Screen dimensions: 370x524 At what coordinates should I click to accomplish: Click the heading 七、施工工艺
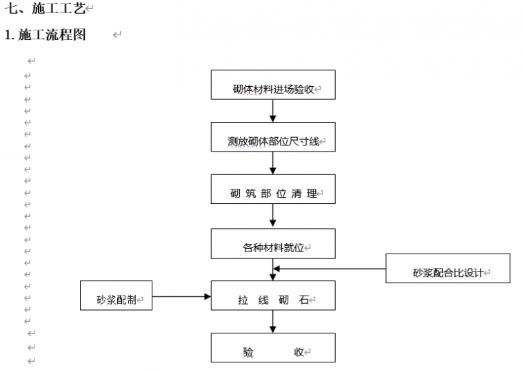[x=45, y=9]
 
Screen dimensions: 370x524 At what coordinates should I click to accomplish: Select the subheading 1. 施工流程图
[x=46, y=35]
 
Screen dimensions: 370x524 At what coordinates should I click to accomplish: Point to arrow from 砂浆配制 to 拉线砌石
[x=181, y=296]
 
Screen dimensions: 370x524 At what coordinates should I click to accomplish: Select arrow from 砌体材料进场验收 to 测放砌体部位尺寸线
[x=273, y=111]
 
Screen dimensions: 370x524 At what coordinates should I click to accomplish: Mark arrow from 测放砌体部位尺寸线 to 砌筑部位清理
[x=273, y=163]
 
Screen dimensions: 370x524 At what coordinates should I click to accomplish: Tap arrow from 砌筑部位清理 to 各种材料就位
[x=273, y=216]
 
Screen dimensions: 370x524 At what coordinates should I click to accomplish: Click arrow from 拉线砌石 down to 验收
[x=273, y=322]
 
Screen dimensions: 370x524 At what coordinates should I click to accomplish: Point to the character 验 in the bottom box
[x=248, y=352]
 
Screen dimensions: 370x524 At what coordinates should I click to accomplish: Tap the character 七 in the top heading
[x=11, y=9]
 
